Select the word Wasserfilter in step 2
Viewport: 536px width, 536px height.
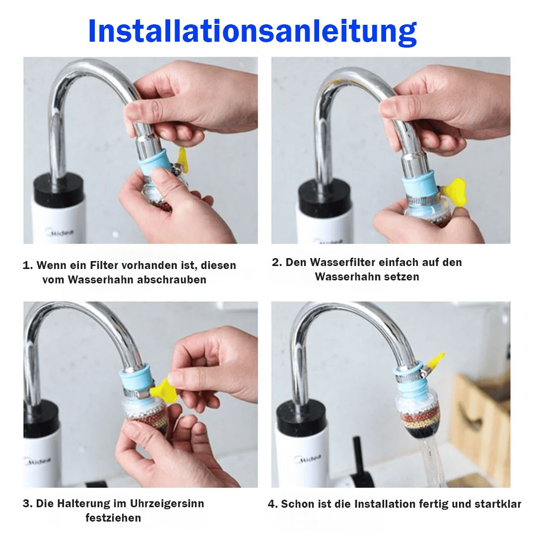(342, 262)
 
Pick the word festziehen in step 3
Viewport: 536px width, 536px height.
(113, 518)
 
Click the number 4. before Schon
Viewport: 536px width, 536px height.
(272, 504)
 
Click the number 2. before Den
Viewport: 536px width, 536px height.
(277, 262)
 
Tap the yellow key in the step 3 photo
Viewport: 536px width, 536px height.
(164, 390)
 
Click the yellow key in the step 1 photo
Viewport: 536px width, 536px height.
(182, 159)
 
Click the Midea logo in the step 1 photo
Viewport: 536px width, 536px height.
(60, 232)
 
